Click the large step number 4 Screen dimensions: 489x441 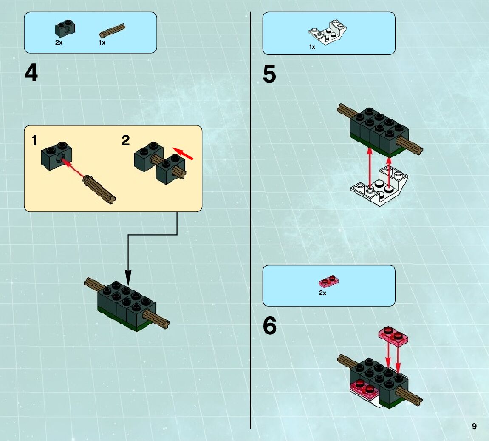(x=31, y=73)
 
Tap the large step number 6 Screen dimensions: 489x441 (x=269, y=326)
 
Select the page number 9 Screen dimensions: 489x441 (x=474, y=426)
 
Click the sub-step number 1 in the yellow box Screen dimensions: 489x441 (x=34, y=140)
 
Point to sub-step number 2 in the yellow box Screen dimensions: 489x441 (x=126, y=140)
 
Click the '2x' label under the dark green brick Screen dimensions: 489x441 (x=59, y=43)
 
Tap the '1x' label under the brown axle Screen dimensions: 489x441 (x=102, y=43)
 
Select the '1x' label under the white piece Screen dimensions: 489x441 (x=312, y=47)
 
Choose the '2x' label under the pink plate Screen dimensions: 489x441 (x=322, y=293)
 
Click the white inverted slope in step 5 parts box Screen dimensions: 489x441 (x=328, y=33)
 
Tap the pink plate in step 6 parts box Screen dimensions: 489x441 (x=328, y=281)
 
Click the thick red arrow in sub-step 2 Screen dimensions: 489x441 (x=183, y=154)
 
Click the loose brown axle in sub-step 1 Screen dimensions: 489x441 (x=100, y=189)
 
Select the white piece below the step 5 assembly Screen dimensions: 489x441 (x=380, y=187)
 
